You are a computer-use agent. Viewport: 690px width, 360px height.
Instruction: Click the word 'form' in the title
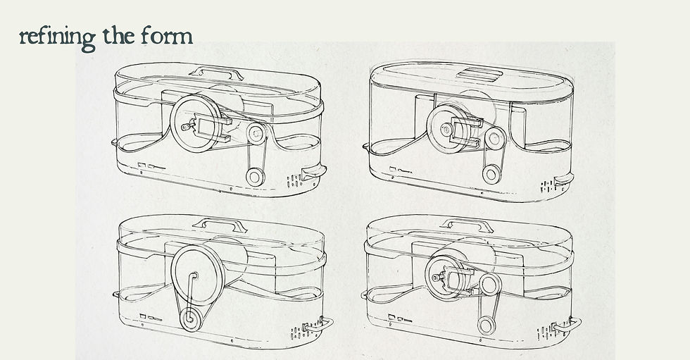tap(168, 36)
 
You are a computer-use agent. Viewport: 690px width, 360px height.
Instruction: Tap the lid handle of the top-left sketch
tap(216, 72)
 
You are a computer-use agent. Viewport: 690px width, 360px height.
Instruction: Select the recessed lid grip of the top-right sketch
tap(479, 74)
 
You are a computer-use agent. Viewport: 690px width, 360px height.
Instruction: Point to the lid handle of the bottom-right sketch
tap(467, 225)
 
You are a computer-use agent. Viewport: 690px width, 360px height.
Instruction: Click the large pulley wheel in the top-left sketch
tap(196, 124)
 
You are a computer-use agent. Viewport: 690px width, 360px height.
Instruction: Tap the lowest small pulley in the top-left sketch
tap(255, 177)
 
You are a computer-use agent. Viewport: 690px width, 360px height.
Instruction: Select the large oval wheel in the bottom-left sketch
tap(198, 275)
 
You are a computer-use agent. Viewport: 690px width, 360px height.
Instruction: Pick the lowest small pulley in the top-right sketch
tap(491, 174)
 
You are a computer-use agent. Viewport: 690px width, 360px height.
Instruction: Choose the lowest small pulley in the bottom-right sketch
tap(487, 325)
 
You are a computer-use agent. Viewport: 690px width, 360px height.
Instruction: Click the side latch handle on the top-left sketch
tap(313, 170)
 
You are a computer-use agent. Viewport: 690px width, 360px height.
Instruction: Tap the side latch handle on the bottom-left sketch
tap(318, 325)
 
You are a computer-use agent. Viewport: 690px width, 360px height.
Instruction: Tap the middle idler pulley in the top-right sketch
tap(495, 139)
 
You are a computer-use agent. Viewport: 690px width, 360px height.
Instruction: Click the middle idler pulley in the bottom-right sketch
tap(490, 284)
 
